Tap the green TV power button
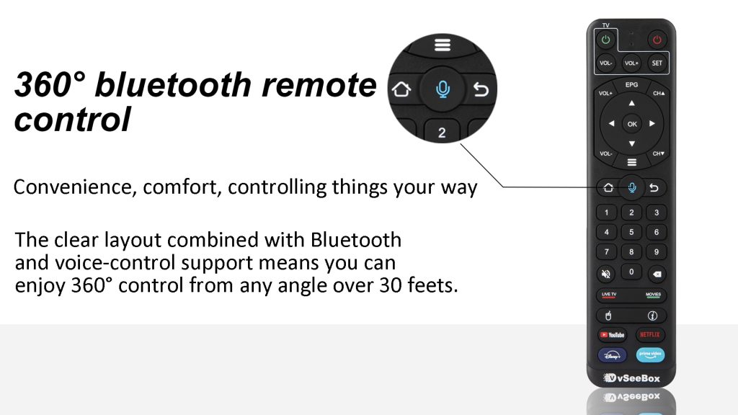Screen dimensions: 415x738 pos(606,40)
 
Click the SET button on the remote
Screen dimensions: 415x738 pos(657,63)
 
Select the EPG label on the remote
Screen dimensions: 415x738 pos(631,84)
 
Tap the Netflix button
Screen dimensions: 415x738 pos(651,335)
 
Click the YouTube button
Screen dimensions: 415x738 pos(612,335)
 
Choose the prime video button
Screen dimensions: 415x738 pos(651,354)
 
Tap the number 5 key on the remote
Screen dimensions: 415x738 pos(631,232)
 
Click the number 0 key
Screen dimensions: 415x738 pos(631,272)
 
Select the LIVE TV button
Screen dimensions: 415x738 pos(610,295)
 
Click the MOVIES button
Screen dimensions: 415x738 pos(653,295)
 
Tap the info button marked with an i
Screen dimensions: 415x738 pos(652,316)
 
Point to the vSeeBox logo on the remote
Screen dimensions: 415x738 pos(632,378)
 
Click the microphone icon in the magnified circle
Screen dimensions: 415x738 pos(443,89)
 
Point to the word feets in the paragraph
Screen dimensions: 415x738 pos(433,285)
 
